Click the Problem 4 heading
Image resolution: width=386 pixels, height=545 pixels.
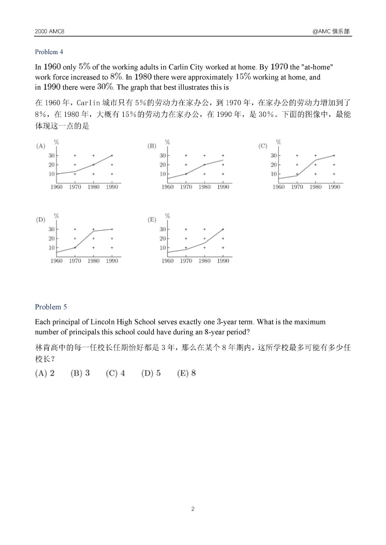(49, 52)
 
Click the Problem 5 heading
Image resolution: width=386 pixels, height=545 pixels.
(51, 307)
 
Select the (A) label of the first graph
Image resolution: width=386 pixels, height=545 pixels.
(41, 146)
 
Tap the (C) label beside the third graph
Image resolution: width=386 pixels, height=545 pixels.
(262, 146)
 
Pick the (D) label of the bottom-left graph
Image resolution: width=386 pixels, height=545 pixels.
(41, 220)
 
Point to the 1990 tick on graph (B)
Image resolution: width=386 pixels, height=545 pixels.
(223, 187)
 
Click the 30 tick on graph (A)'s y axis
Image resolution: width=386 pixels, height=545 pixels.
(52, 156)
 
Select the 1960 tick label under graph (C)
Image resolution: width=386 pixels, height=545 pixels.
(278, 187)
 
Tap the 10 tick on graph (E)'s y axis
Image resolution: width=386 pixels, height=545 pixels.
(162, 248)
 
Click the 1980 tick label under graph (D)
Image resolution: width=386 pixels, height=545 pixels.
(94, 261)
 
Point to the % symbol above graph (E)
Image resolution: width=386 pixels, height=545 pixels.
(167, 216)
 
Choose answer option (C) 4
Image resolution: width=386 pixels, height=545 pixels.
(115, 373)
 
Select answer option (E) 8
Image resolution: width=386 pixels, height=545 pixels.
(186, 373)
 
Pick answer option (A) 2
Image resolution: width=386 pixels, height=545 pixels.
(45, 373)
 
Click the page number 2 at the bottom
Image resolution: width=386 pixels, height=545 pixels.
(193, 509)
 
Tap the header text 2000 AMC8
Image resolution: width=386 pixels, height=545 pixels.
(49, 31)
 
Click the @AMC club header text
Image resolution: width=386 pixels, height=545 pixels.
(331, 31)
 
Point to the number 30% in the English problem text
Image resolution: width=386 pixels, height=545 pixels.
(105, 87)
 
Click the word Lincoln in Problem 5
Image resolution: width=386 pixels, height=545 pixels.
(102, 322)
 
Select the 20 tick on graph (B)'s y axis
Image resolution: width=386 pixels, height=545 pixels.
(162, 165)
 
